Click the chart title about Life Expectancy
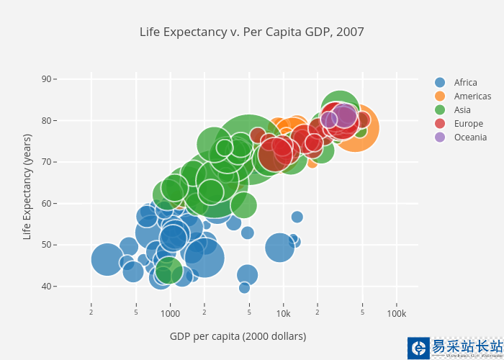click(252, 32)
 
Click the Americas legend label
click(472, 96)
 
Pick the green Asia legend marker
click(441, 110)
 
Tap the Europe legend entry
click(468, 124)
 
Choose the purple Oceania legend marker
click(441, 138)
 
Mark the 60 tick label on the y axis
click(47, 204)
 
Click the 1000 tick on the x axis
click(171, 315)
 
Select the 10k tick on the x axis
click(283, 315)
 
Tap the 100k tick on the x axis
click(396, 315)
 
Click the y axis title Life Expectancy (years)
click(27, 186)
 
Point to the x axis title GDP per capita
click(238, 336)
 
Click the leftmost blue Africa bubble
click(107, 259)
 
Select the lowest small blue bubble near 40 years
click(244, 288)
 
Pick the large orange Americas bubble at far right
click(355, 128)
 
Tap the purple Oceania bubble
click(345, 116)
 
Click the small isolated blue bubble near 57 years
click(297, 217)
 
